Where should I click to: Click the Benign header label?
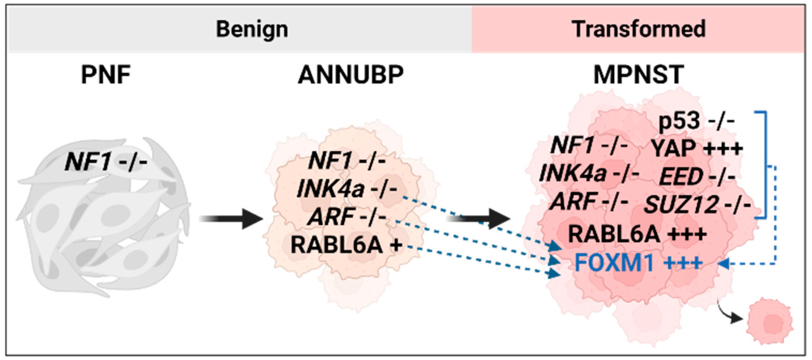252,29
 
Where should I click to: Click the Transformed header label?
638,29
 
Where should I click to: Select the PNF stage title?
106,75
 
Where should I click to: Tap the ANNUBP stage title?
351,75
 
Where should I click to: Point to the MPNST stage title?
638,75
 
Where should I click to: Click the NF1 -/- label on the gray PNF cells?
106,162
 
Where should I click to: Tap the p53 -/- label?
696,121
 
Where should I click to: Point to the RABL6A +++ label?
637,234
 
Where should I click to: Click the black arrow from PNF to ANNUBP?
231,219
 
